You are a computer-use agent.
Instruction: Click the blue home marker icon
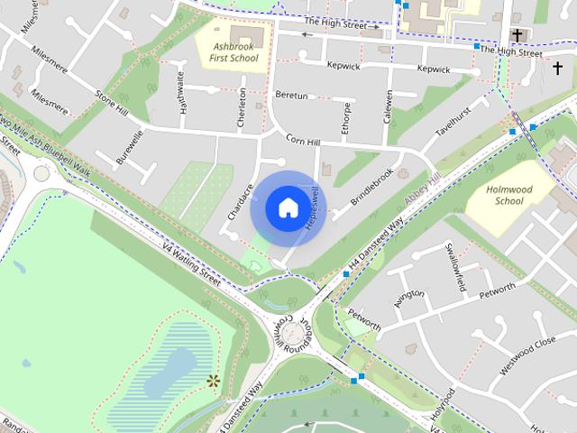[x=287, y=207]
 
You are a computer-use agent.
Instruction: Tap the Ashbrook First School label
[x=234, y=52]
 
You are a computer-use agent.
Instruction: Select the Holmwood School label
[x=505, y=195]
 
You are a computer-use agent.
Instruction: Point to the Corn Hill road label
[x=304, y=140]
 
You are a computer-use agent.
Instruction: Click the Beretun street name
[x=291, y=96]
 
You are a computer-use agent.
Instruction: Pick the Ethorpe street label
[x=346, y=118]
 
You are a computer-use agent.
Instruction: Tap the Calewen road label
[x=389, y=106]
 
